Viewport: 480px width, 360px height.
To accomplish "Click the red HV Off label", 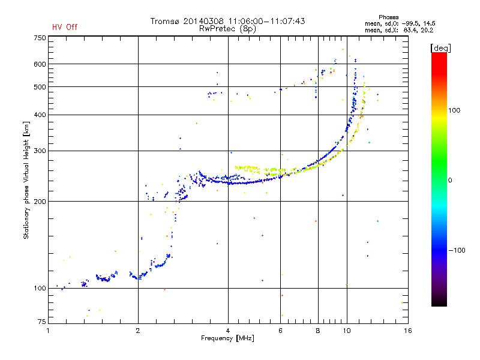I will pyautogui.click(x=64, y=27).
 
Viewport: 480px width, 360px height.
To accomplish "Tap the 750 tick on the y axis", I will pyautogui.click(x=39, y=38).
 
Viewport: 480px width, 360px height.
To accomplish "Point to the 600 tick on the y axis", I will pyautogui.click(x=39, y=64).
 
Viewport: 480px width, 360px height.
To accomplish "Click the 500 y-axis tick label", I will pyautogui.click(x=39, y=87).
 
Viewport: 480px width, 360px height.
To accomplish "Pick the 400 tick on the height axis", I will pyautogui.click(x=39, y=115).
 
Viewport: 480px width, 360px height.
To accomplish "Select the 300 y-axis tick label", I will pyautogui.click(x=39, y=151).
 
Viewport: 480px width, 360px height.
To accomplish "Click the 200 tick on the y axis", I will pyautogui.click(x=39, y=201).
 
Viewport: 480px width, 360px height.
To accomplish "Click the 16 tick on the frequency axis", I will pyautogui.click(x=407, y=331).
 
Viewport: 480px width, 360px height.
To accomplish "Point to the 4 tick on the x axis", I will pyautogui.click(x=228, y=331).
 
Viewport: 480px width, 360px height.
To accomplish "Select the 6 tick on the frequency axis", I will pyautogui.click(x=280, y=331).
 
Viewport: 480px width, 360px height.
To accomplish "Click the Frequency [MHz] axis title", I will pyautogui.click(x=227, y=338).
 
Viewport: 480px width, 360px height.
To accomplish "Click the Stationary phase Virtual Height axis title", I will pyautogui.click(x=26, y=180).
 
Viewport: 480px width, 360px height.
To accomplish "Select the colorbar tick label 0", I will pyautogui.click(x=450, y=180).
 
